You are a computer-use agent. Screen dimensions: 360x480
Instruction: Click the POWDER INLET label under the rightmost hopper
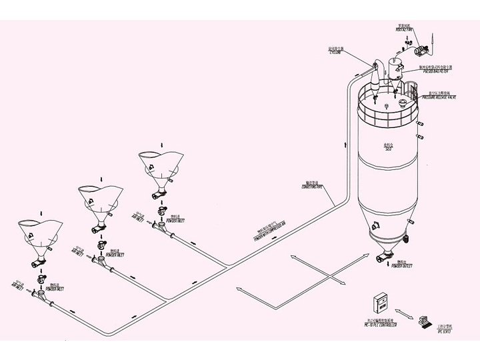coord(177,220)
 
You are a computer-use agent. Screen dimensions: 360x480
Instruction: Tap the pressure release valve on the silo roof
coord(404,102)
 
